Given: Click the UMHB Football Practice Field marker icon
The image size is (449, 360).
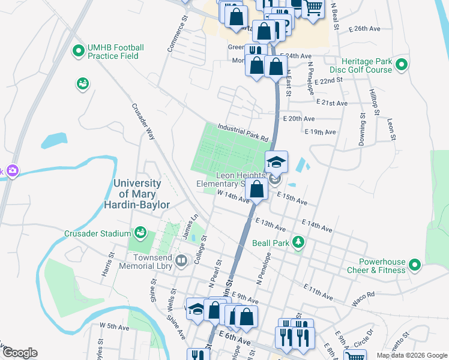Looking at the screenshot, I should click(x=77, y=52).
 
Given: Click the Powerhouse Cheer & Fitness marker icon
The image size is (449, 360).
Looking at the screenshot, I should click(x=414, y=265).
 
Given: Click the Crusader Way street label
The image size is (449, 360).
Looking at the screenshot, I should click(x=142, y=122).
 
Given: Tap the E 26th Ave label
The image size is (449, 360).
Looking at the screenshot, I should click(x=368, y=28).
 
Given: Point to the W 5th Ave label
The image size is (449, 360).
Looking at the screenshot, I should click(x=114, y=327).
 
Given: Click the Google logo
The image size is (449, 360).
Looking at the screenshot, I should click(x=20, y=353).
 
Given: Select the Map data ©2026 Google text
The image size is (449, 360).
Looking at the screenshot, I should click(x=411, y=355).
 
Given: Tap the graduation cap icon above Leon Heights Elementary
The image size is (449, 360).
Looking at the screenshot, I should click(x=276, y=161).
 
